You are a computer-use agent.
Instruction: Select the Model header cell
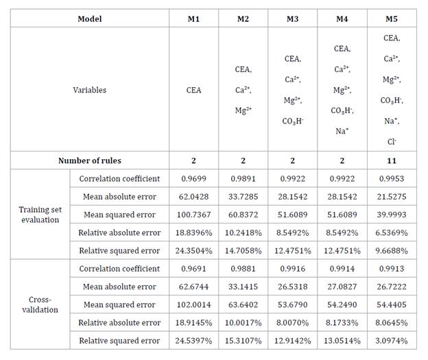click(x=89, y=19)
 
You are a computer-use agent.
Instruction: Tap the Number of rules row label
click(x=89, y=160)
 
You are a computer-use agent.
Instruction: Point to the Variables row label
click(x=89, y=90)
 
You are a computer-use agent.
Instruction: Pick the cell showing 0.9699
click(x=193, y=179)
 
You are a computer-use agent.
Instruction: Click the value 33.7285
click(x=243, y=197)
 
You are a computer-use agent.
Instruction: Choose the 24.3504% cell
click(x=193, y=250)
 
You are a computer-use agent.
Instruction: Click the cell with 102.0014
click(x=193, y=304)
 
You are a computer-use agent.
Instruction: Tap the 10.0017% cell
click(x=243, y=322)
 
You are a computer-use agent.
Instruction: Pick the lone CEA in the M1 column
click(x=193, y=90)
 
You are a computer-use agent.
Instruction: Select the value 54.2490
click(x=342, y=304)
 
